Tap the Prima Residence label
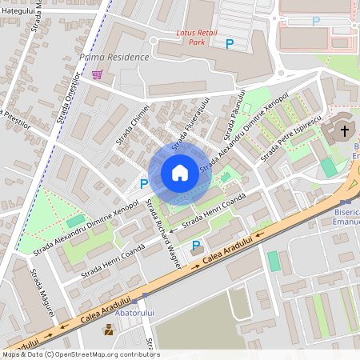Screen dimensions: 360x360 [x=115, y=58]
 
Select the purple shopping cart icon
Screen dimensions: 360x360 [x=98, y=74]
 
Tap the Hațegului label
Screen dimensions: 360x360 [x=18, y=10]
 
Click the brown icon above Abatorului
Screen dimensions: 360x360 [x=108, y=329]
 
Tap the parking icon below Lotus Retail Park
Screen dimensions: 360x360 [x=230, y=45]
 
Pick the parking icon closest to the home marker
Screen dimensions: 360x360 [x=144, y=184]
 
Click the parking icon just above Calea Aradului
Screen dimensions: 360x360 [x=196, y=245]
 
